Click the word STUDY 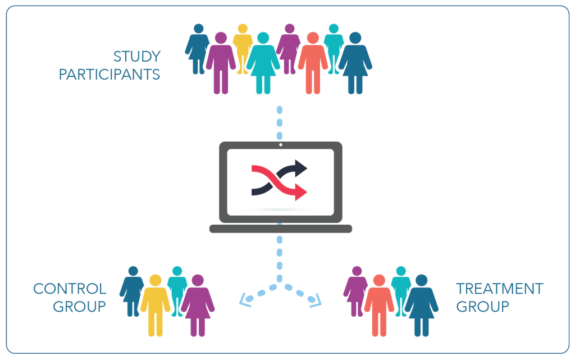tap(137, 57)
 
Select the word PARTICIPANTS tap(109, 75)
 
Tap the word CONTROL tap(70, 289)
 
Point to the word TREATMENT tap(499, 289)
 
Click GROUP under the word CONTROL tap(79, 307)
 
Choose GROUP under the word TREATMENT tap(482, 307)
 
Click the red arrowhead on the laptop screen tap(301, 192)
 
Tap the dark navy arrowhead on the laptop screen tap(301, 168)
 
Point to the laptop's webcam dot tap(281, 145)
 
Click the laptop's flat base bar tap(281, 229)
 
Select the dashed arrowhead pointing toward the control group tap(245, 300)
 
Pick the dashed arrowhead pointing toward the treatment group tap(316, 300)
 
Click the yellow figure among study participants tap(243, 49)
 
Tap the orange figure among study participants tap(313, 63)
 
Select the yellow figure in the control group tap(156, 306)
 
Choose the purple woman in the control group tap(198, 306)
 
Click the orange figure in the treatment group tap(379, 306)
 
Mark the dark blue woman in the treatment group tap(421, 306)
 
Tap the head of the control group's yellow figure tap(156, 280)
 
